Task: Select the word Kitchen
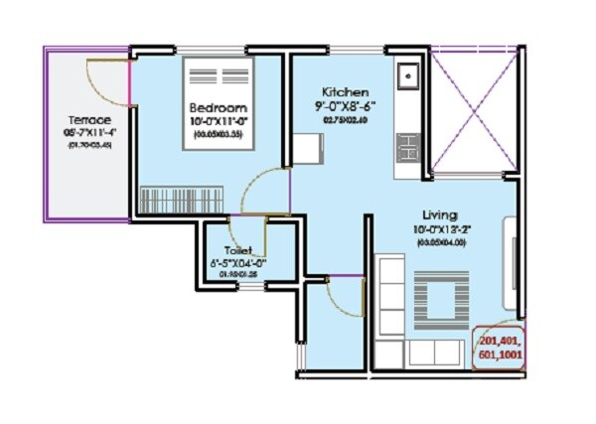coord(345,91)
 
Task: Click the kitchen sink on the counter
coord(407,76)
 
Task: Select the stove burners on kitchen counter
coord(407,150)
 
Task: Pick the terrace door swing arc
coord(107,78)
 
